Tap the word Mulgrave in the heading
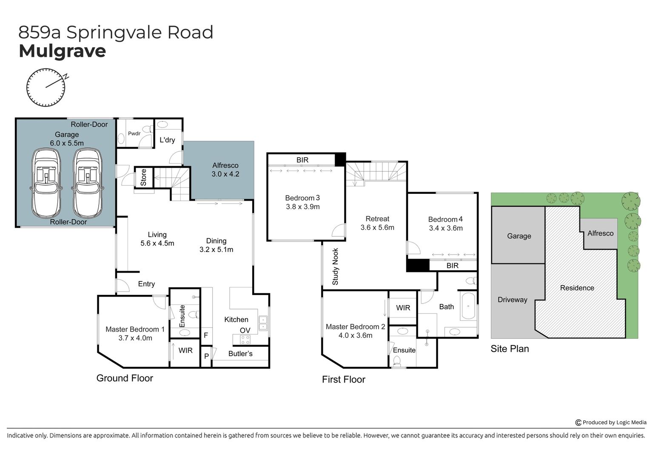click(62, 51)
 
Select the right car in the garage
click(88, 183)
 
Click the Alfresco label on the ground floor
click(225, 165)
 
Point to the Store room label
click(143, 177)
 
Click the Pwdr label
click(134, 133)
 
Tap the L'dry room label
click(167, 140)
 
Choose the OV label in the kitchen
click(245, 330)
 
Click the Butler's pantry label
click(240, 354)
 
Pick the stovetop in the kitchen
click(245, 339)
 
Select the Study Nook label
click(335, 266)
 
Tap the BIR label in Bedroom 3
click(302, 160)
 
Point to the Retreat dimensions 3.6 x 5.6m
click(377, 227)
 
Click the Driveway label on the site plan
click(512, 300)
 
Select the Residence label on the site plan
click(577, 288)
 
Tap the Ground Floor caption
click(125, 378)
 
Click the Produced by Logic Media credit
click(611, 422)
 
